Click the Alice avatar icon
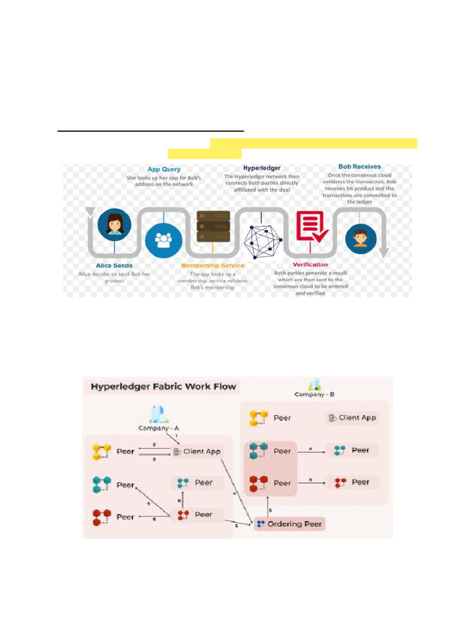click(114, 223)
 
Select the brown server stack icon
click(213, 227)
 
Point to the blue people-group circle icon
click(163, 240)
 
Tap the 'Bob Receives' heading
click(359, 166)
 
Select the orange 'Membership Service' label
click(212, 265)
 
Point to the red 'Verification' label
click(310, 265)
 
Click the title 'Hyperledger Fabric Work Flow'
click(163, 388)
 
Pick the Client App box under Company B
click(351, 418)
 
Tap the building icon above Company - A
click(155, 413)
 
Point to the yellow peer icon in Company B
click(258, 418)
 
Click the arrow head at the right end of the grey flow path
click(384, 252)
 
